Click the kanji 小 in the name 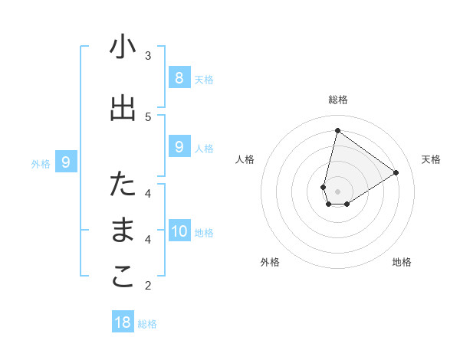pyautogui.click(x=123, y=47)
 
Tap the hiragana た pyautogui.click(x=123, y=184)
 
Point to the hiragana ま pyautogui.click(x=123, y=231)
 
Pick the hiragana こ pyautogui.click(x=123, y=277)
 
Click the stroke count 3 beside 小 pyautogui.click(x=148, y=55)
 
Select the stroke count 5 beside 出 pyautogui.click(x=148, y=116)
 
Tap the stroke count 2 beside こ pyautogui.click(x=148, y=286)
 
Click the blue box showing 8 pyautogui.click(x=179, y=77)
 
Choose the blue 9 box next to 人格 pyautogui.click(x=179, y=147)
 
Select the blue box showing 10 pyautogui.click(x=179, y=231)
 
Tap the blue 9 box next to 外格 pyautogui.click(x=66, y=162)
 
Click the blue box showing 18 pyautogui.click(x=123, y=322)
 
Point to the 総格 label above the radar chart pyautogui.click(x=337, y=100)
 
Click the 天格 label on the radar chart pyautogui.click(x=431, y=159)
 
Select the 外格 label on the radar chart pyautogui.click(x=270, y=262)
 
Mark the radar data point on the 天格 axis pyautogui.click(x=396, y=172)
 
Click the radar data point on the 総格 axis pyautogui.click(x=337, y=130)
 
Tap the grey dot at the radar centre pyautogui.click(x=337, y=191)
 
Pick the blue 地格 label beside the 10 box pyautogui.click(x=204, y=233)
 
